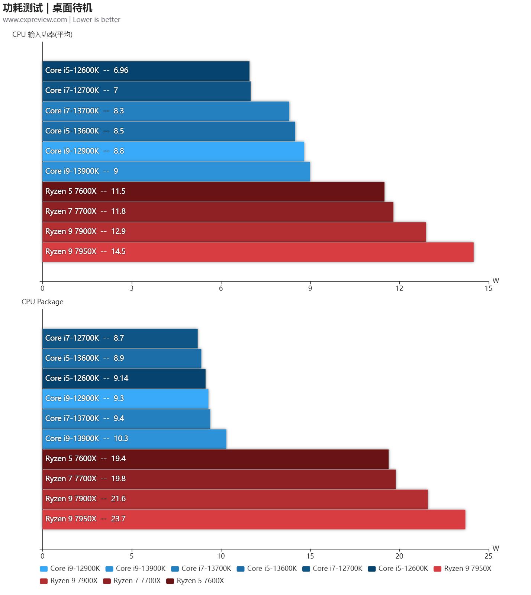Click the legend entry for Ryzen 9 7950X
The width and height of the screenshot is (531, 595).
[467, 569]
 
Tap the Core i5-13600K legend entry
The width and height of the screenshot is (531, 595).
[271, 569]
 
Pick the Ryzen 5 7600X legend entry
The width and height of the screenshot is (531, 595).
[200, 581]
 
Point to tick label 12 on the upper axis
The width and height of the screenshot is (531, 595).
[399, 289]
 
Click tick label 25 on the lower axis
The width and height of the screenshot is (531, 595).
[488, 556]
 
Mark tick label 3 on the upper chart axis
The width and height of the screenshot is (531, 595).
[132, 289]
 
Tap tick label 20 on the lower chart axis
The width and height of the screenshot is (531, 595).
[399, 556]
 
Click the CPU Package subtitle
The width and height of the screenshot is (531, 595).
[42, 302]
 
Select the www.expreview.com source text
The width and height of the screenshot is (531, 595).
[35, 20]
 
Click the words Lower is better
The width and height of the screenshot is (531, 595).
[97, 20]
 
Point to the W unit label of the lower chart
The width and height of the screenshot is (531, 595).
[496, 548]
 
